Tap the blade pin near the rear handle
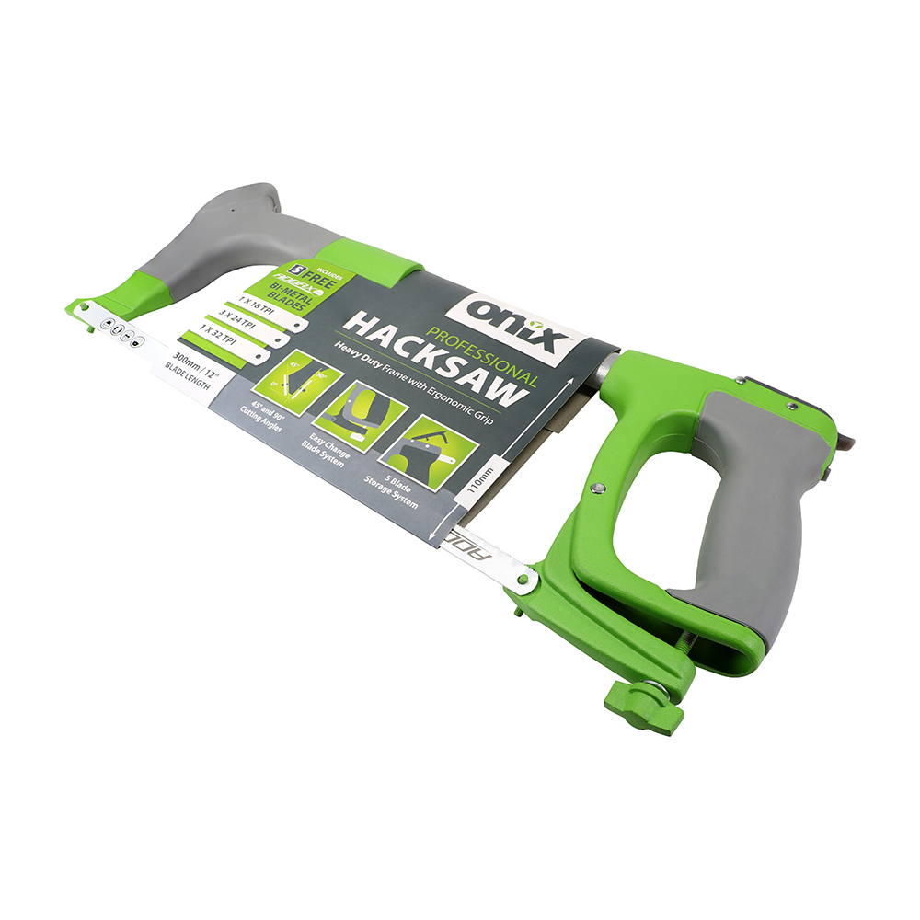[x=523, y=580]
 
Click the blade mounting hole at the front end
[x=85, y=307]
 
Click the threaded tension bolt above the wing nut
[x=676, y=649]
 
